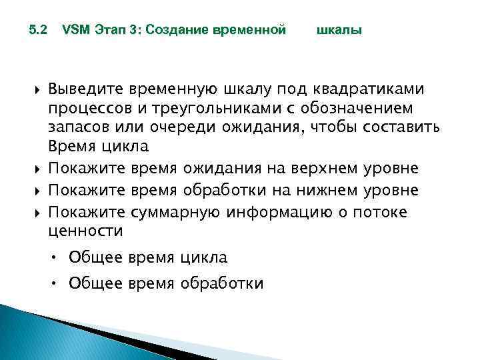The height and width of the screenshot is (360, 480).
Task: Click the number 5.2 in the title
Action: coord(38,30)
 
